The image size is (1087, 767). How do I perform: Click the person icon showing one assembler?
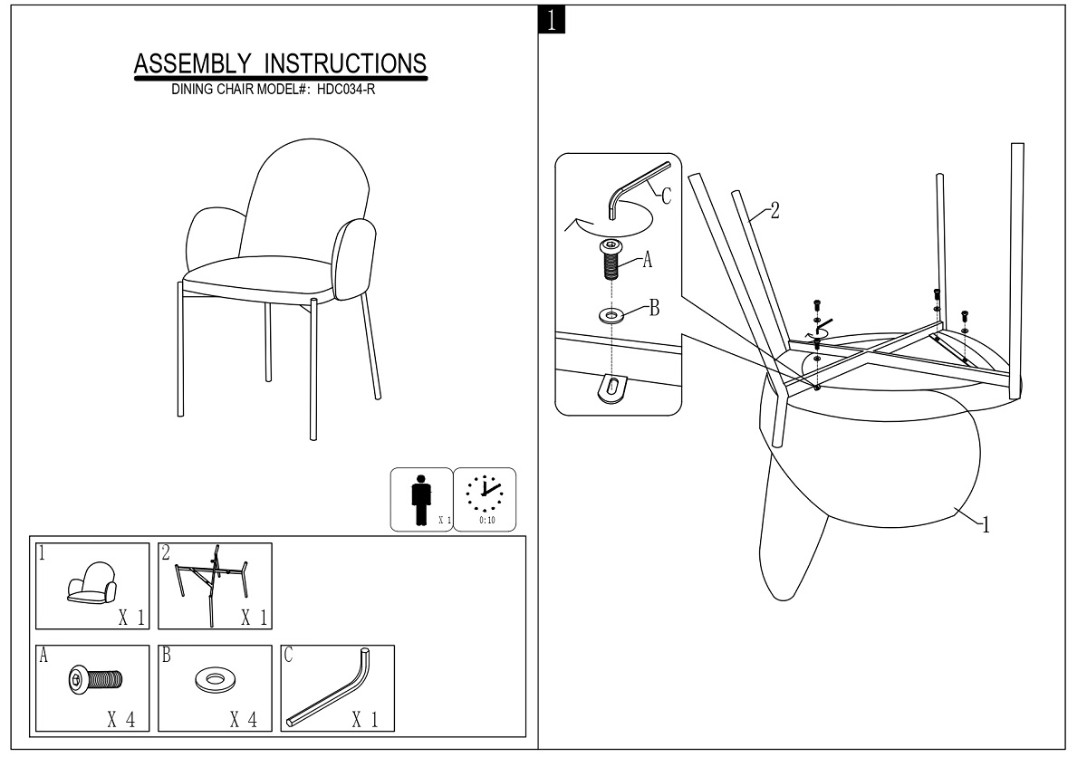[x=418, y=499]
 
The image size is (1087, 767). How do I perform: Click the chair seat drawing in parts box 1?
[x=91, y=584]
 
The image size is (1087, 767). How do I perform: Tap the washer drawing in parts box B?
[x=215, y=678]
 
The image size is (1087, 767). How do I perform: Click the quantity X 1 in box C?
[x=364, y=720]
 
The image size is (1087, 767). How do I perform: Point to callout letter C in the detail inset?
[x=666, y=197]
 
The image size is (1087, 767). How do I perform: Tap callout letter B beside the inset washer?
[x=653, y=308]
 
